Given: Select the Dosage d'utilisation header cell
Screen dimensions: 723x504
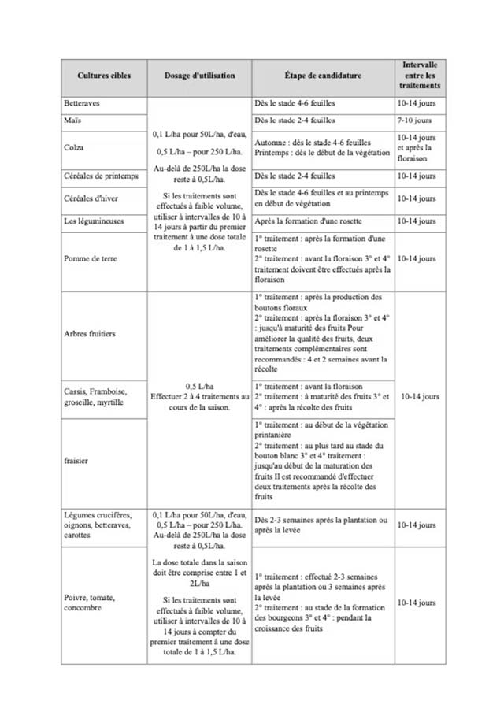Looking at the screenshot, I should [x=199, y=76].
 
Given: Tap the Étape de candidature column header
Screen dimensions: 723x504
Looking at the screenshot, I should [x=323, y=76].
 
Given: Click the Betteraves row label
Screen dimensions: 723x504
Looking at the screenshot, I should [x=81, y=103].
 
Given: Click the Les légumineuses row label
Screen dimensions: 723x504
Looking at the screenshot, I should [x=94, y=221].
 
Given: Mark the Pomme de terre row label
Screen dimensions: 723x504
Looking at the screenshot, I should [x=87, y=258].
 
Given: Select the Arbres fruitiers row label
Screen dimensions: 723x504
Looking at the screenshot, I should [x=90, y=333].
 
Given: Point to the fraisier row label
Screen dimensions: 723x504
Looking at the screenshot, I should [x=77, y=461].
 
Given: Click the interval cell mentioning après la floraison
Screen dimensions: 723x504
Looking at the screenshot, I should [x=419, y=147].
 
